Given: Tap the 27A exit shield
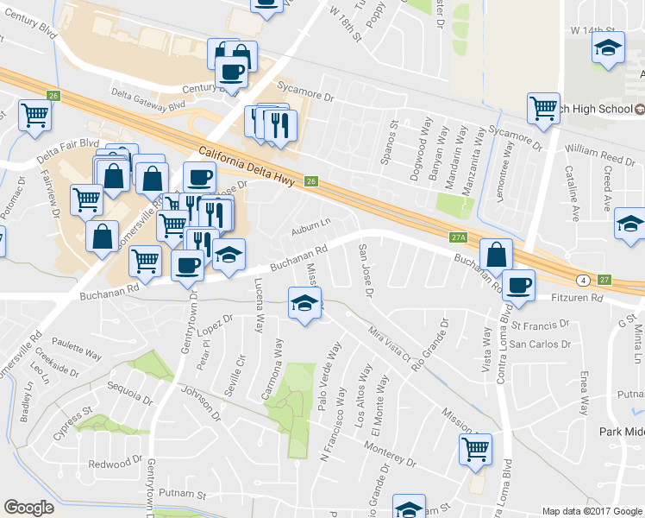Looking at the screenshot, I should point(458,237).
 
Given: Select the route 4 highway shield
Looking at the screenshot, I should point(584,280).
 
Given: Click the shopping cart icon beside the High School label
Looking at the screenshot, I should point(543,109).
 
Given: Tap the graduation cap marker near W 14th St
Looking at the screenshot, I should point(609,48).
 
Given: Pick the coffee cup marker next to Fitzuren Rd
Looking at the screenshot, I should point(518,285).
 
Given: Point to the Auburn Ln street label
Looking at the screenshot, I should point(310,227).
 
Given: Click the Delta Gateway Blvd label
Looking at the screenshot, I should point(147,98).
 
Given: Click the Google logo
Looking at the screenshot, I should point(29,507).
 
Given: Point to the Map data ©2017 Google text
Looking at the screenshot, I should point(591,511).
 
